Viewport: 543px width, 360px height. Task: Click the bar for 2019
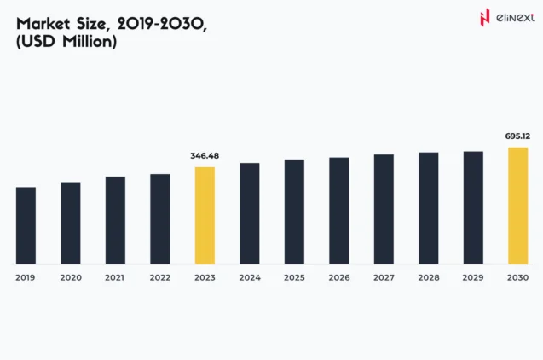tap(26, 225)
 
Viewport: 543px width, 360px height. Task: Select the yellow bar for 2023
tap(205, 215)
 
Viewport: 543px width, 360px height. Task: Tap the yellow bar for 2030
tap(518, 206)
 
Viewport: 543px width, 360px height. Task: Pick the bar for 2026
tap(339, 211)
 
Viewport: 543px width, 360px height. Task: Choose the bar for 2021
tap(115, 220)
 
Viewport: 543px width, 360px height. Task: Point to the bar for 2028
tap(429, 208)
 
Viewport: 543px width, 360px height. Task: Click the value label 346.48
tap(205, 156)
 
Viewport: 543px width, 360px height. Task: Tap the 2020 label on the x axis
tap(71, 278)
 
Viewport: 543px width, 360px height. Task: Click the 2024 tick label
tap(250, 278)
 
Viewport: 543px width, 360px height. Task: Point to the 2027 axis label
tap(384, 278)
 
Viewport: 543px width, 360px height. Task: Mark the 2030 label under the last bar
tap(518, 278)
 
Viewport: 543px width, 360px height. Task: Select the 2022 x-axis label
tap(160, 278)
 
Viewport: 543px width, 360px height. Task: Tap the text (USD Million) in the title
tap(66, 41)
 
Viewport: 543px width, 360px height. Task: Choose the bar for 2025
tap(294, 212)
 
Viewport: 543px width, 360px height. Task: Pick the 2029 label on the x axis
tap(473, 278)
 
